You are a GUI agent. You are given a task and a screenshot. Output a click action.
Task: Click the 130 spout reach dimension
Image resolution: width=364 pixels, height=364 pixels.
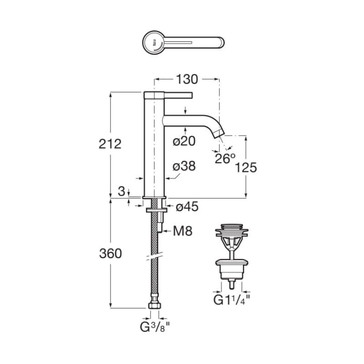pyautogui.click(x=187, y=79)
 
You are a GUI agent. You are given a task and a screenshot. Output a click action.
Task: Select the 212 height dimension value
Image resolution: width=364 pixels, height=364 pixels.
pyautogui.click(x=110, y=144)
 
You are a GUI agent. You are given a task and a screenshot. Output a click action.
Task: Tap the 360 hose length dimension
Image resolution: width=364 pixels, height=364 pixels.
pyautogui.click(x=111, y=253)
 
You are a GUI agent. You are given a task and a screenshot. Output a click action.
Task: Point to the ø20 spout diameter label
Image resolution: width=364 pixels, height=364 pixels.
pyautogui.click(x=184, y=141)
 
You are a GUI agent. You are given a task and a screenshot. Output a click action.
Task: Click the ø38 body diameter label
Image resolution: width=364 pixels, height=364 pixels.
pyautogui.click(x=184, y=166)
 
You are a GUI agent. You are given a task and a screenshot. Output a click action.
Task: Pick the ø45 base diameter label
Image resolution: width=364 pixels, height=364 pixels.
pyautogui.click(x=187, y=207)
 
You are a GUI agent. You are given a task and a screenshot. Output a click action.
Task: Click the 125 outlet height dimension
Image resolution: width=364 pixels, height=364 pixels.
pyautogui.click(x=246, y=167)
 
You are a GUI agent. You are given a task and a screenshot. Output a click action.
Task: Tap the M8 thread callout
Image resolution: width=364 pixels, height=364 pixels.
pyautogui.click(x=183, y=231)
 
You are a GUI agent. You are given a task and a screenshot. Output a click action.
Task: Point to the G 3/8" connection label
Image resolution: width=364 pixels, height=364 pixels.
pyautogui.click(x=155, y=327)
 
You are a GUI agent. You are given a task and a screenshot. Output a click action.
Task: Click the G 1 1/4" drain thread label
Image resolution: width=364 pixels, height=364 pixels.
pyautogui.click(x=232, y=300)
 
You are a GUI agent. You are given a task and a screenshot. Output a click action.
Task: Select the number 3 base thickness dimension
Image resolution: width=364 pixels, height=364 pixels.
pyautogui.click(x=121, y=192)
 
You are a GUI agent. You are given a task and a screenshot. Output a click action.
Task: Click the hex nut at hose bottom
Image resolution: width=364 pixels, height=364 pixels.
pyautogui.click(x=155, y=305)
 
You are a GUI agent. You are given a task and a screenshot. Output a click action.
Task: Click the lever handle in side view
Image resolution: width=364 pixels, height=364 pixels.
pyautogui.click(x=178, y=95)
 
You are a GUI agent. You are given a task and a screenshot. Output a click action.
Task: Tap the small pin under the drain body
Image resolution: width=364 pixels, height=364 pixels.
pyautogui.click(x=232, y=284)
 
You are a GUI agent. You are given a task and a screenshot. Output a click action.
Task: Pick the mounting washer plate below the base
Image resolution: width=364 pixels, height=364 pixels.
pyautogui.click(x=156, y=210)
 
